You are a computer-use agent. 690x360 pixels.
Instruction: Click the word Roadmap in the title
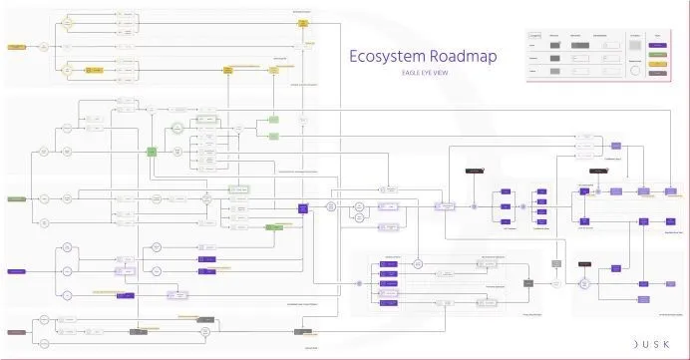pos(459,57)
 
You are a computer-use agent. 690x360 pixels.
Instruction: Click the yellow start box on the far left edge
pos(16,47)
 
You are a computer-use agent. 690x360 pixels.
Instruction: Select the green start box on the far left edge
pos(16,199)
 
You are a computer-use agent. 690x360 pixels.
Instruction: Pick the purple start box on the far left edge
pos(16,271)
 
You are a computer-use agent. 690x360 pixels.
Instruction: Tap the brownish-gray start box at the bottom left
pos(16,331)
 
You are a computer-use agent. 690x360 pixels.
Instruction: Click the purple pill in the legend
pos(657,45)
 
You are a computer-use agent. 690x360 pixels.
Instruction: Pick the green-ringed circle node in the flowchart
pos(176,127)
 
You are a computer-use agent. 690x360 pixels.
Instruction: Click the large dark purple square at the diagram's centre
pos(302,207)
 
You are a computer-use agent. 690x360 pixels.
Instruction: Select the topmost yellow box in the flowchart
pos(302,22)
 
